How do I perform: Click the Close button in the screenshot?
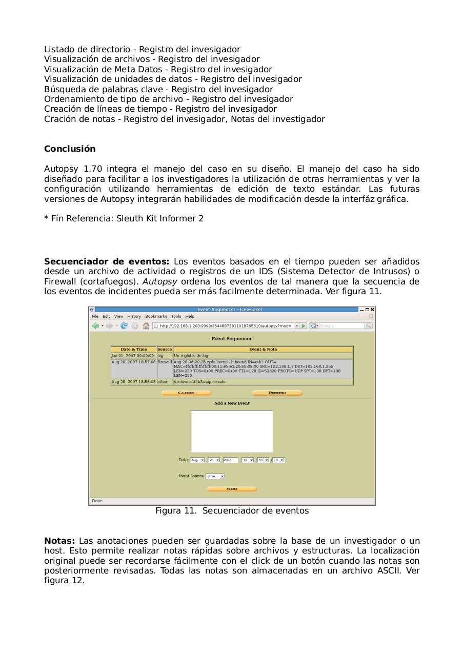(186, 393)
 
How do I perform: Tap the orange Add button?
(232, 489)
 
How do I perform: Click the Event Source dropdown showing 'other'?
(215, 476)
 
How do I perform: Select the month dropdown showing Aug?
(197, 460)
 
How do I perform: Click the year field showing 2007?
(230, 460)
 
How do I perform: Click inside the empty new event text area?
(232, 432)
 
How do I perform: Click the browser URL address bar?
(225, 326)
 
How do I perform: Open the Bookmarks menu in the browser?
(156, 316)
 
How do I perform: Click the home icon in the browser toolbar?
(146, 326)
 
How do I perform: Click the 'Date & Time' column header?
(134, 350)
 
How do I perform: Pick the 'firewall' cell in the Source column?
(165, 362)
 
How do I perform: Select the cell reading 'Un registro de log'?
(191, 356)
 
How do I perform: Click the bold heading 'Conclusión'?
(70, 149)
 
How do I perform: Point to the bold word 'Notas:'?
(59, 541)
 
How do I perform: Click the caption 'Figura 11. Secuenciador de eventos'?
(232, 511)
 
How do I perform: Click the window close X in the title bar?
(373, 310)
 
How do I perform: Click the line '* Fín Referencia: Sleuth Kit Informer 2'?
(124, 219)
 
